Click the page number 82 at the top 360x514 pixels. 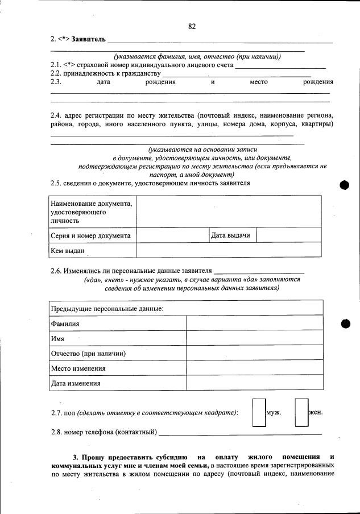pyautogui.click(x=192, y=26)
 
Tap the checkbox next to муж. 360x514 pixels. pyautogui.click(x=258, y=412)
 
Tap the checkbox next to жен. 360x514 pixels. pyautogui.click(x=301, y=412)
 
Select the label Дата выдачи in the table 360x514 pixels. pyautogui.click(x=230, y=235)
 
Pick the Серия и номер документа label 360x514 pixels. pyautogui.click(x=90, y=235)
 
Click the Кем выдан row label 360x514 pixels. pyautogui.click(x=68, y=250)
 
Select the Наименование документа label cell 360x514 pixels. pyautogui.click(x=90, y=212)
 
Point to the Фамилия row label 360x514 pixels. pyautogui.click(x=65, y=324)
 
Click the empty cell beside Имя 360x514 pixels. pyautogui.click(x=254, y=338)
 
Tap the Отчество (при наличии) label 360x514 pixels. pyautogui.click(x=88, y=353)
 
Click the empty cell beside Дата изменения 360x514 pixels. pyautogui.click(x=254, y=383)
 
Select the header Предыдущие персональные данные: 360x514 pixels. pyautogui.click(x=107, y=308)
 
